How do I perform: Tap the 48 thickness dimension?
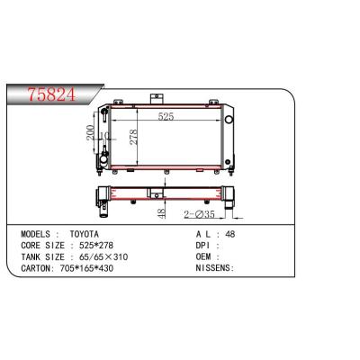pos(161,213)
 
